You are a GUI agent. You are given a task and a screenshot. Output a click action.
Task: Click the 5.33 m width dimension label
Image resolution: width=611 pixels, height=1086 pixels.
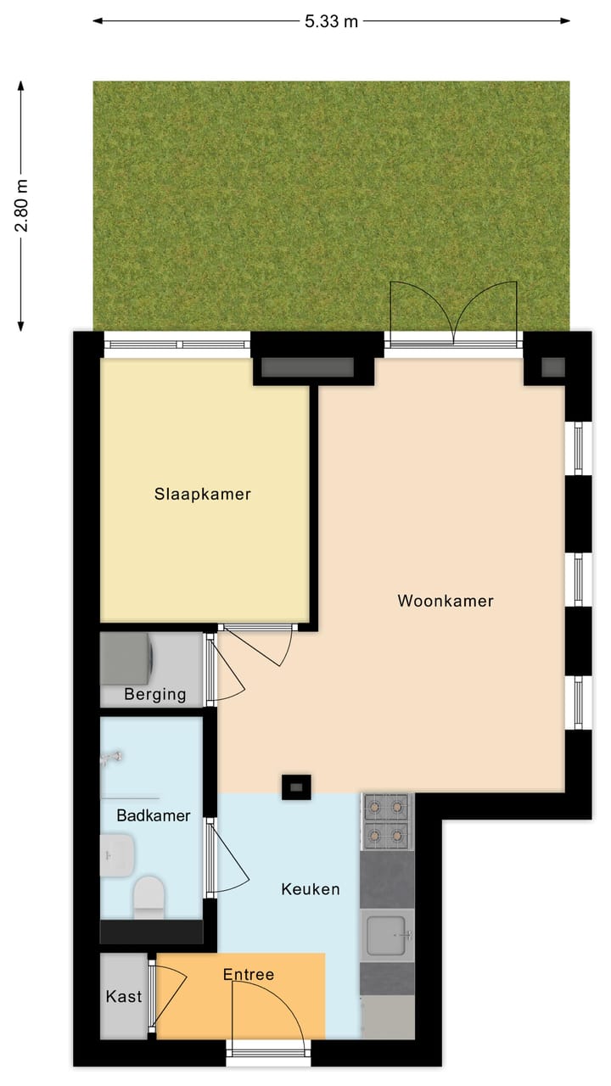(331, 22)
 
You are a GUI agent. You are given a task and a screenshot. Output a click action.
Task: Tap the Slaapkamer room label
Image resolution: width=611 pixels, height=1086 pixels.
(203, 494)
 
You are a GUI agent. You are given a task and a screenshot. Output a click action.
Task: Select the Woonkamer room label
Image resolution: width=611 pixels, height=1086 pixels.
(446, 601)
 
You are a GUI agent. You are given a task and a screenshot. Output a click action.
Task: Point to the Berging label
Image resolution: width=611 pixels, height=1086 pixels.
(154, 694)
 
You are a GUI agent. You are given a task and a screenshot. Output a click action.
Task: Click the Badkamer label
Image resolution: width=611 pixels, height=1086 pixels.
(153, 816)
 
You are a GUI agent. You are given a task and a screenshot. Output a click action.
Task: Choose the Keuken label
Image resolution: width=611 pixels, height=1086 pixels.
(311, 889)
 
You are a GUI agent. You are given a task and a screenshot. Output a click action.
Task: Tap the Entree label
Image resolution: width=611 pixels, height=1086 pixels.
(249, 974)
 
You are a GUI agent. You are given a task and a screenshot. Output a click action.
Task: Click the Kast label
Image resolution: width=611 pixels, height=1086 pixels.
(124, 997)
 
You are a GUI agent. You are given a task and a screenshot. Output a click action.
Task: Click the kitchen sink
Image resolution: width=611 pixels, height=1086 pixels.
(388, 936)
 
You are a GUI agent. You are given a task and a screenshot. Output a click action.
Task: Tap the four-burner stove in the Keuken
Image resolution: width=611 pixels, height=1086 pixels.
(387, 820)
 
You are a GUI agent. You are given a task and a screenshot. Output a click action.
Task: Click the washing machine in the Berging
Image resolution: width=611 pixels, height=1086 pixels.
(127, 658)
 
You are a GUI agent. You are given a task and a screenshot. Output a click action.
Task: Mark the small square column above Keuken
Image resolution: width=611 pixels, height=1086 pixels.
(296, 787)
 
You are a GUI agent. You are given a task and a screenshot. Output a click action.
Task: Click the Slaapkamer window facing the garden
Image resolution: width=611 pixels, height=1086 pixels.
(177, 344)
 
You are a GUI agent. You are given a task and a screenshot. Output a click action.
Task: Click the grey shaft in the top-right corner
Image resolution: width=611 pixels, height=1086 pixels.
(553, 367)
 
